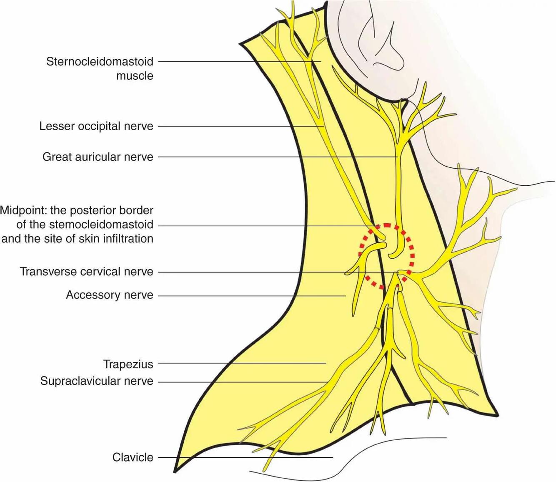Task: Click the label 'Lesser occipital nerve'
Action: click(x=96, y=126)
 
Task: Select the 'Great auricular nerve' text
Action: click(x=98, y=157)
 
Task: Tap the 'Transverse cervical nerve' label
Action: click(x=87, y=272)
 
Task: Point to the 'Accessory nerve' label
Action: click(x=110, y=295)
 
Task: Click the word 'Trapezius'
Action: click(x=128, y=364)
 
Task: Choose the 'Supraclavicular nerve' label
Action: click(x=97, y=381)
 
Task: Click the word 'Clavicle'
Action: click(x=133, y=457)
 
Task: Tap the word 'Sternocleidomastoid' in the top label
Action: click(x=100, y=62)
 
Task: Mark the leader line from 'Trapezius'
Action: click(x=242, y=363)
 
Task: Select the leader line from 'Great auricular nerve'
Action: click(x=275, y=157)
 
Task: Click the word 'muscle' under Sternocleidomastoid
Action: click(x=135, y=76)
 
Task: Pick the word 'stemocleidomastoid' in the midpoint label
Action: click(x=101, y=225)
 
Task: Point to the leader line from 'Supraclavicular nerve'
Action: click(x=242, y=382)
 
